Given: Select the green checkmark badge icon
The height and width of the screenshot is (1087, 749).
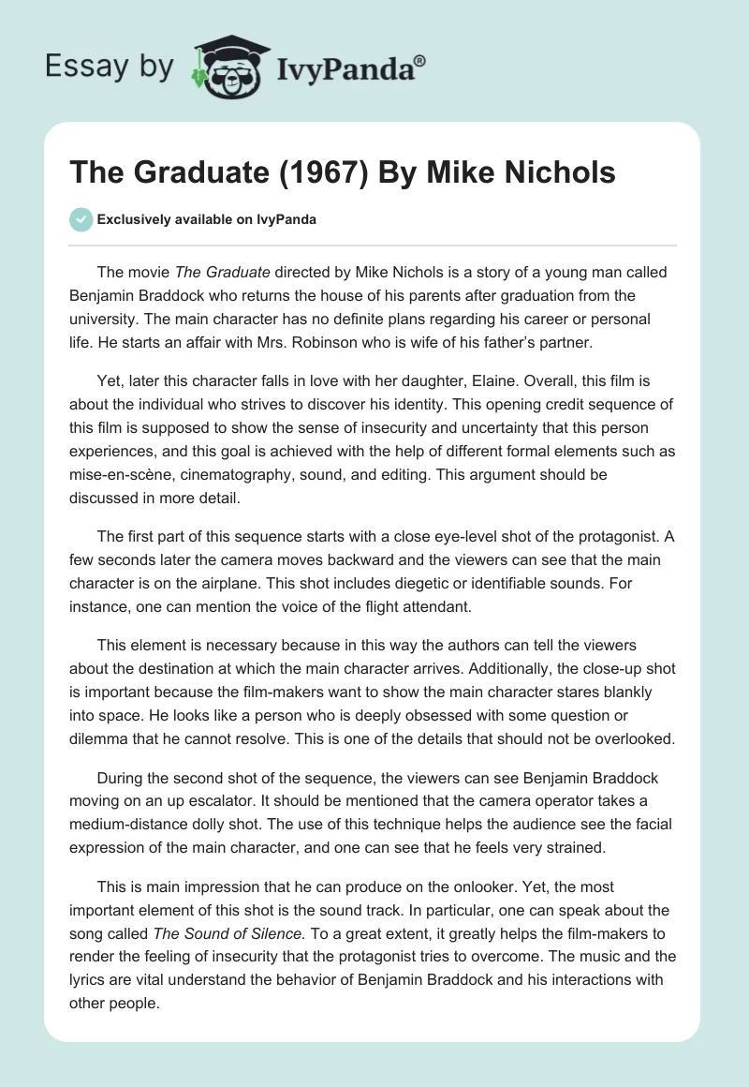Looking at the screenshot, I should point(81,219).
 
